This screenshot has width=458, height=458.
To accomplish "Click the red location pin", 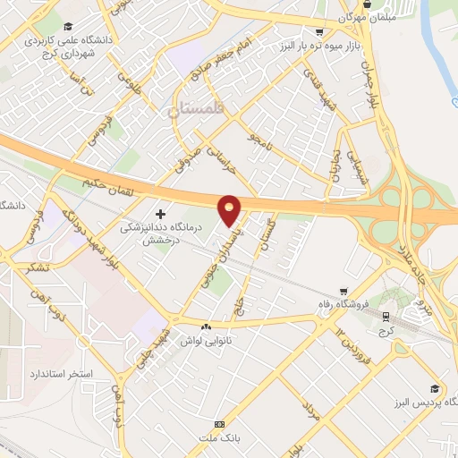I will point(230,208).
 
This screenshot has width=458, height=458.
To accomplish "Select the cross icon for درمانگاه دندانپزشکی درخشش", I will point(161,214).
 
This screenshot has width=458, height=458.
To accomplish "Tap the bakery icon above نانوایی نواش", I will point(208,327).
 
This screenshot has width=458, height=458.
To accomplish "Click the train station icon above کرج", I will point(386,316).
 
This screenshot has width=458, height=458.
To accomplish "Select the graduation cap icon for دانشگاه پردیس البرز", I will point(435,388).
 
